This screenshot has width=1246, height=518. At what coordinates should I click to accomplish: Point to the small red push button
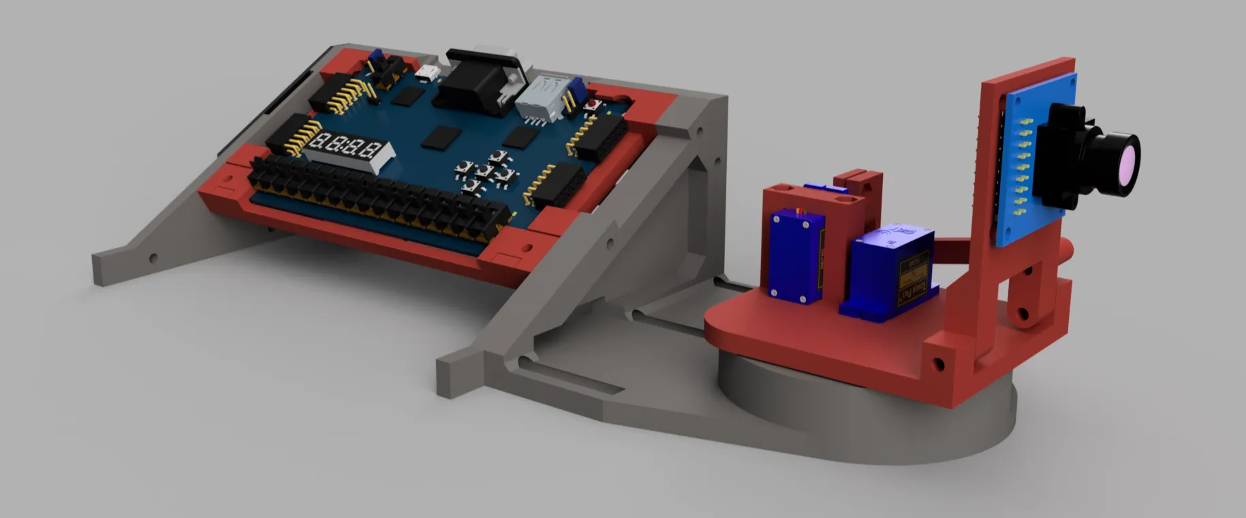[x=589, y=106]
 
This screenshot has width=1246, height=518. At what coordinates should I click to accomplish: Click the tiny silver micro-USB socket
[x=428, y=73]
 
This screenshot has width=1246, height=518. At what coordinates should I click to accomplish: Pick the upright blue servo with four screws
[x=796, y=256]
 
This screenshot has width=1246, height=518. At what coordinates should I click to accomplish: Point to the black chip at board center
[x=437, y=138]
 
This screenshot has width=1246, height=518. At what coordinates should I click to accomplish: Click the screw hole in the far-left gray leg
[x=153, y=258]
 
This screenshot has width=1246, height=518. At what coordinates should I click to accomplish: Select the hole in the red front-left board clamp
[x=228, y=180]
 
